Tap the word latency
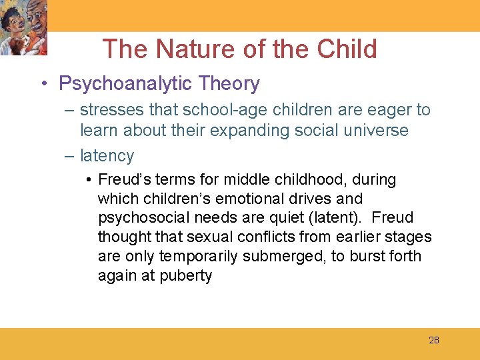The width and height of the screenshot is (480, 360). tap(107, 156)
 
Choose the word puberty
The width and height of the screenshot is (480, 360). tap(186, 275)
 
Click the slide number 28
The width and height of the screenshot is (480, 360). tap(434, 340)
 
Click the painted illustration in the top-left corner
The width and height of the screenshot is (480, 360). tap(25, 29)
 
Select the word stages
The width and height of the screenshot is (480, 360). tap(408, 237)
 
